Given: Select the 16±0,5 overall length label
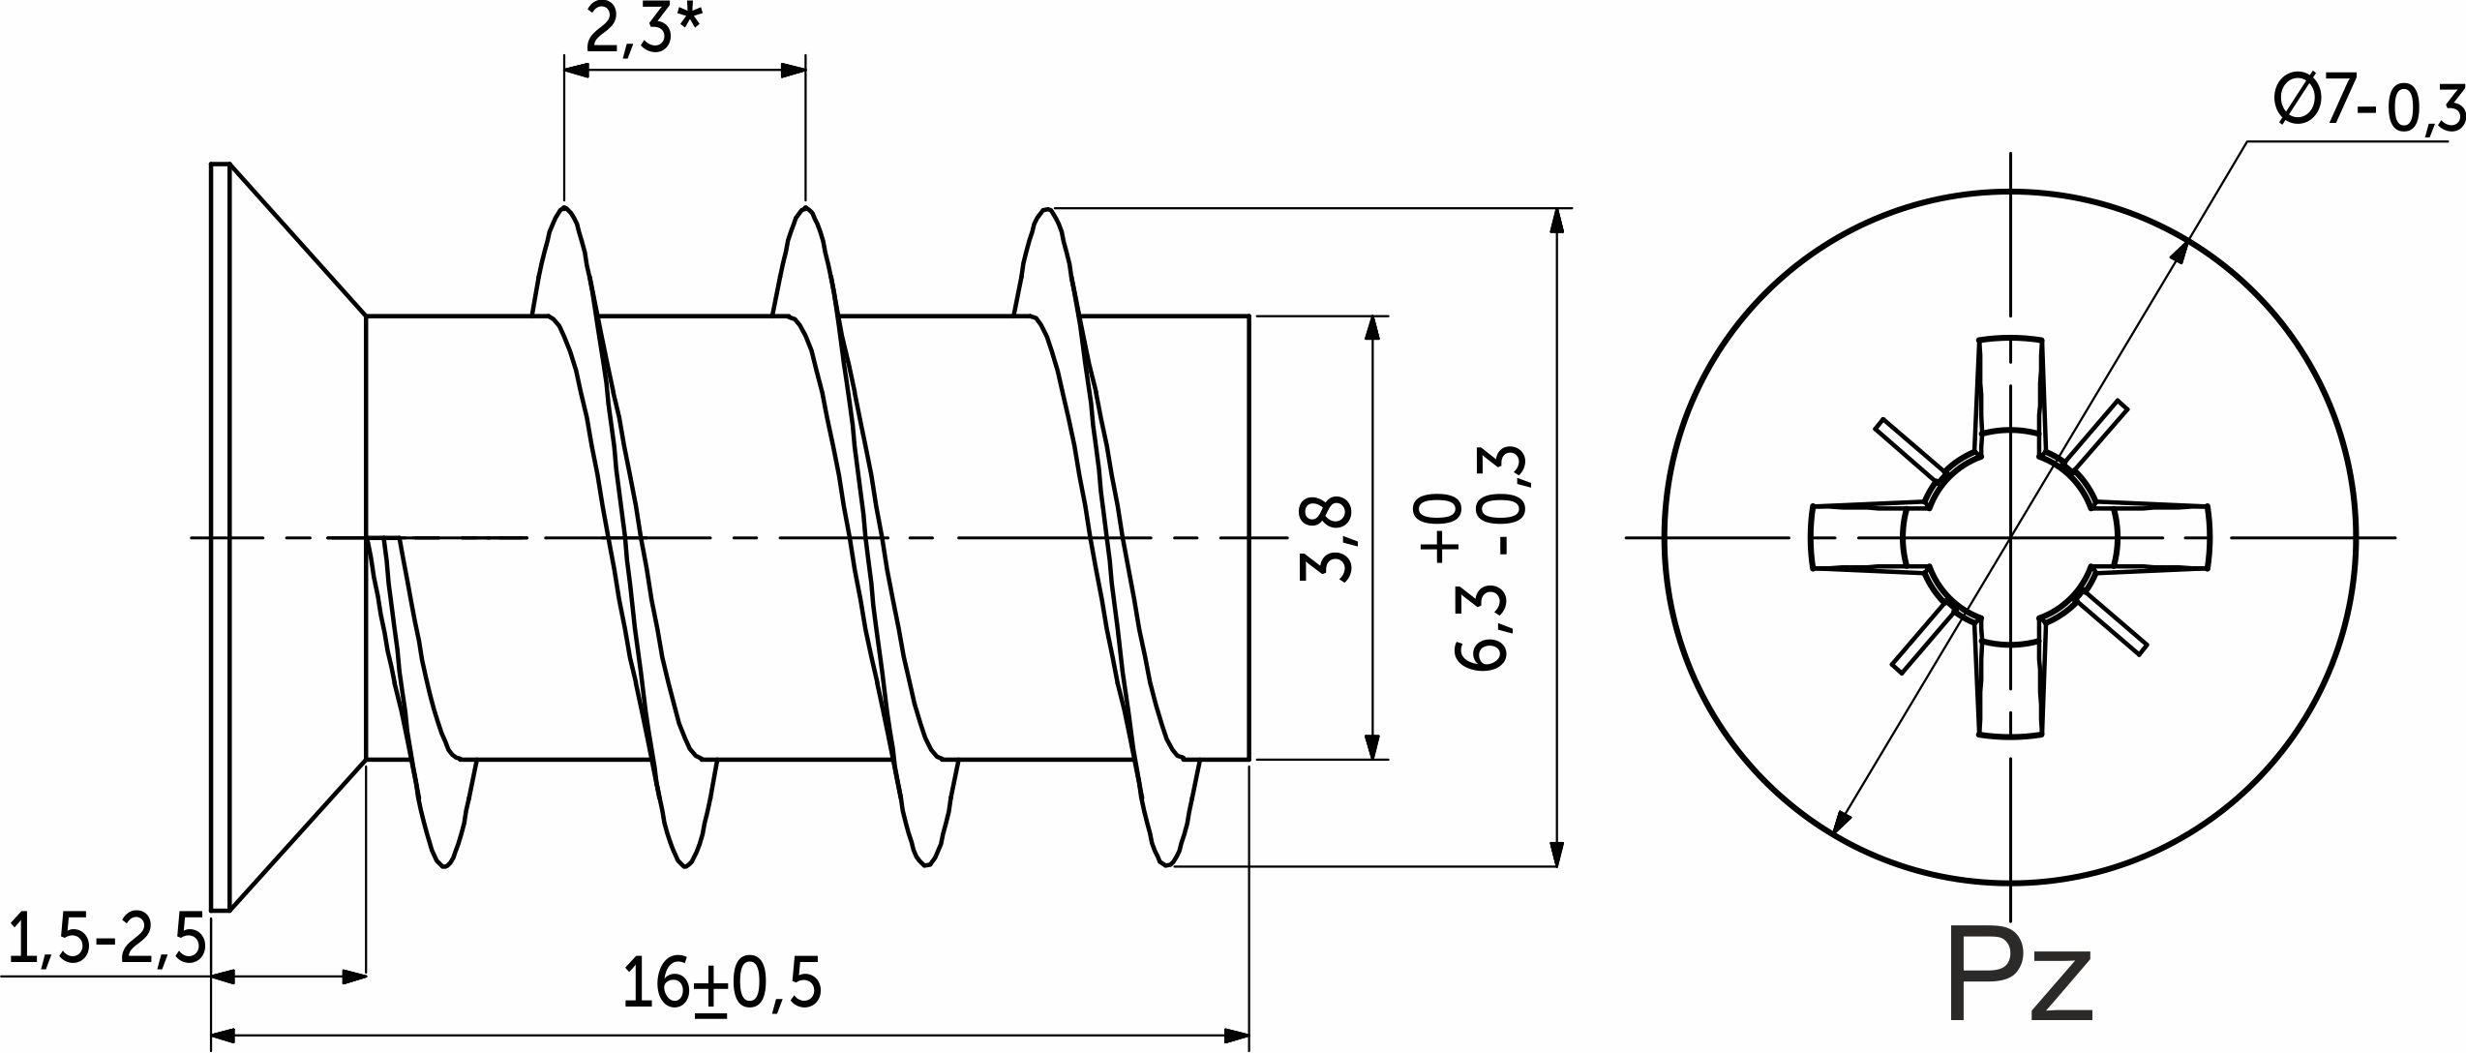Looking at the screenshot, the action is pos(722,984).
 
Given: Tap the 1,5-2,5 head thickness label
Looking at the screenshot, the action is pos(106,940).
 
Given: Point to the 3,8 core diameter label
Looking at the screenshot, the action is pos(1326,538).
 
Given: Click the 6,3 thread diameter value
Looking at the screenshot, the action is pos(1481,628).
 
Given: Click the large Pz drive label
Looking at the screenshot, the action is pos(2020,976).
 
